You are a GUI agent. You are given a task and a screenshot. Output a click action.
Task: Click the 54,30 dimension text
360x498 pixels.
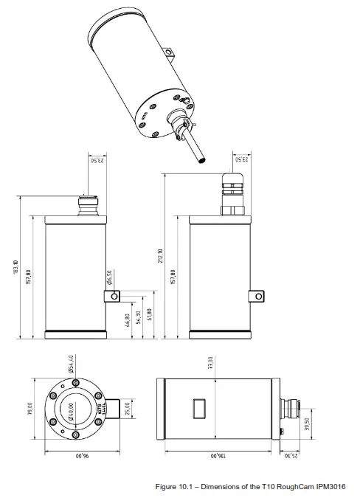139,318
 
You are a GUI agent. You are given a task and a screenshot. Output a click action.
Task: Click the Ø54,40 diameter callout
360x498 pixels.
70,364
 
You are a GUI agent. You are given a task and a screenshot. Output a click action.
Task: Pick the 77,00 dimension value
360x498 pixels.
210,364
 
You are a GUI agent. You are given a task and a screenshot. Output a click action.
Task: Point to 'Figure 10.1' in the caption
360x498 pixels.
175,487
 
